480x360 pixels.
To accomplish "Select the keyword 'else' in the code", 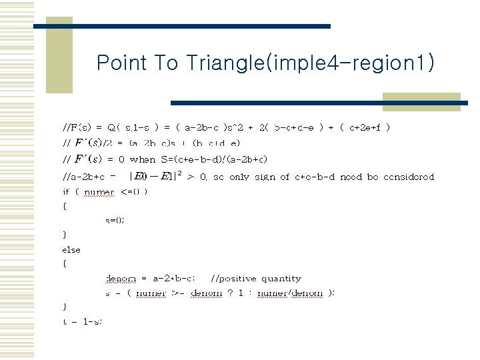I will click(71, 249).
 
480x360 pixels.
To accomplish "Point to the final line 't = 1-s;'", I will click(82, 321).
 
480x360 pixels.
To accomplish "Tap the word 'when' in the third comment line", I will click(143, 159).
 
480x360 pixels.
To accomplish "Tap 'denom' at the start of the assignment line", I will click(120, 279).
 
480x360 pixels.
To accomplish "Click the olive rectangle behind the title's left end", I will click(59, 57).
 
